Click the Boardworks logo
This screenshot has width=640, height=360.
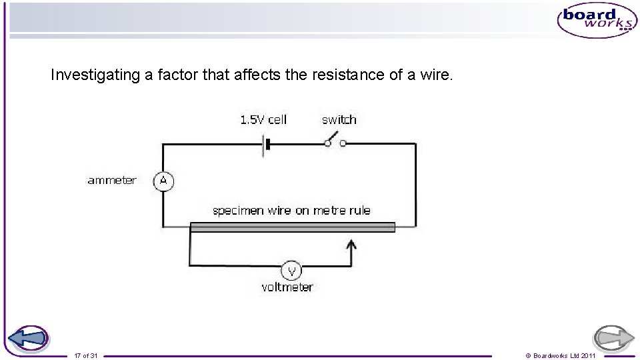(597, 20)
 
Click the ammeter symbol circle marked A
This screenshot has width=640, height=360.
(163, 181)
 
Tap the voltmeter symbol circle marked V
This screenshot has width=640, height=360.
(291, 271)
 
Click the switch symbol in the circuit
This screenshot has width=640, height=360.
(334, 142)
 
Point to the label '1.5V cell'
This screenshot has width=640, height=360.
(263, 120)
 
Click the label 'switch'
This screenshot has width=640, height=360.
(339, 120)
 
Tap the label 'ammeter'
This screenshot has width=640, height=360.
(112, 180)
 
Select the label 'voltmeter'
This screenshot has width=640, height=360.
(287, 287)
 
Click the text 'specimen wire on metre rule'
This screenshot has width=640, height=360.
(291, 211)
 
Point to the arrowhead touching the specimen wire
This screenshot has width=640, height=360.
(352, 244)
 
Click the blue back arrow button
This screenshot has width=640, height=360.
(28, 339)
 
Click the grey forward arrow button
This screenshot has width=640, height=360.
(613, 339)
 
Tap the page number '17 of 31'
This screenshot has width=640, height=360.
(86, 356)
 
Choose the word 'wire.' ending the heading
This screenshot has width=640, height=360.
(437, 75)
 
